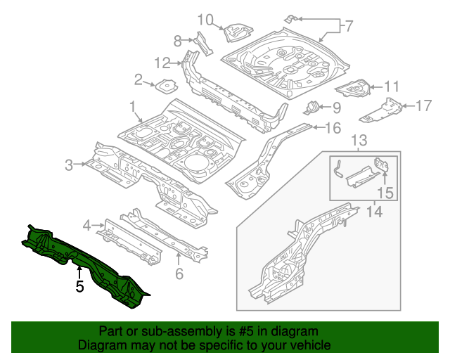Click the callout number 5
tap(80, 287)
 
